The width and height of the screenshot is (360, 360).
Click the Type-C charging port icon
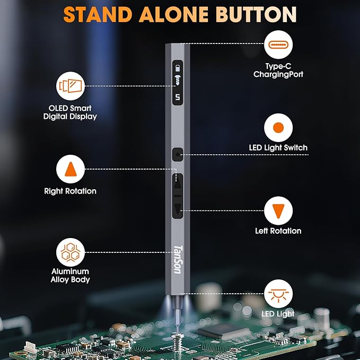(278, 46)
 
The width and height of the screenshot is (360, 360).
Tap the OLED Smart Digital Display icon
(71, 85)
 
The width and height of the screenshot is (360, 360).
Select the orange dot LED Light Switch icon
(278, 128)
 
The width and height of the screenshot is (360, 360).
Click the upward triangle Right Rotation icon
(71, 169)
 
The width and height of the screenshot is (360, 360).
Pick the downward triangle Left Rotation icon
(278, 210)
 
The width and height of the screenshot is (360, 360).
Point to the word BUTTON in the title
(258, 14)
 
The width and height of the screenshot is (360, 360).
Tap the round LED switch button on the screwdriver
(177, 154)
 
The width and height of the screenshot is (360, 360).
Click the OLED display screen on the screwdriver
(177, 82)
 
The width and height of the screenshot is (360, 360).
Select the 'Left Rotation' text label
(278, 231)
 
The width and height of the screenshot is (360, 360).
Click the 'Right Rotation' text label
(71, 191)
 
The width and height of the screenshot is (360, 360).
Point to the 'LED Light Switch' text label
(278, 148)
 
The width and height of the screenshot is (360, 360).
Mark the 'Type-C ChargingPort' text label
(278, 71)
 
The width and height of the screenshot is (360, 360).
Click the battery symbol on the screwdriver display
(178, 68)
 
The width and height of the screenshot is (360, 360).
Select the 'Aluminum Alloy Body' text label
(71, 276)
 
